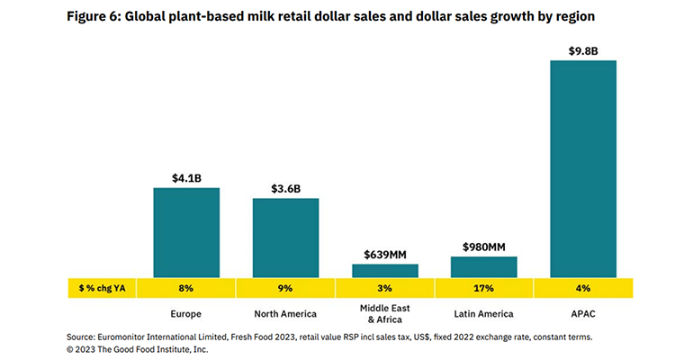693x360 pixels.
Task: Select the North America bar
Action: [x=285, y=238]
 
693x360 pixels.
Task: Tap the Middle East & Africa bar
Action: [x=384, y=270]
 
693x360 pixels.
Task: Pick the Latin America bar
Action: [x=483, y=266]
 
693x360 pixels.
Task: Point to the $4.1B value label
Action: [x=185, y=178]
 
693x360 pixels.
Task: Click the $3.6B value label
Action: [x=285, y=189]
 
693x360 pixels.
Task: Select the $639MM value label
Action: [x=384, y=255]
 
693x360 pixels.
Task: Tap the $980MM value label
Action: [x=483, y=247]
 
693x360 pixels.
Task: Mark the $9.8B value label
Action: [x=582, y=50]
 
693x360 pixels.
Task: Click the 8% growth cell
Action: [x=185, y=288]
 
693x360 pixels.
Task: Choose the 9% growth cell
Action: [x=285, y=288]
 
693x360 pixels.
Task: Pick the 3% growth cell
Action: [x=384, y=288]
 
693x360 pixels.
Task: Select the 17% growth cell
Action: [x=483, y=288]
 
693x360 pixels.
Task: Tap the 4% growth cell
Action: [x=582, y=288]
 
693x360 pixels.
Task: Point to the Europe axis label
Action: [x=185, y=313]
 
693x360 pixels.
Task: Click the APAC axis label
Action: [x=582, y=313]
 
